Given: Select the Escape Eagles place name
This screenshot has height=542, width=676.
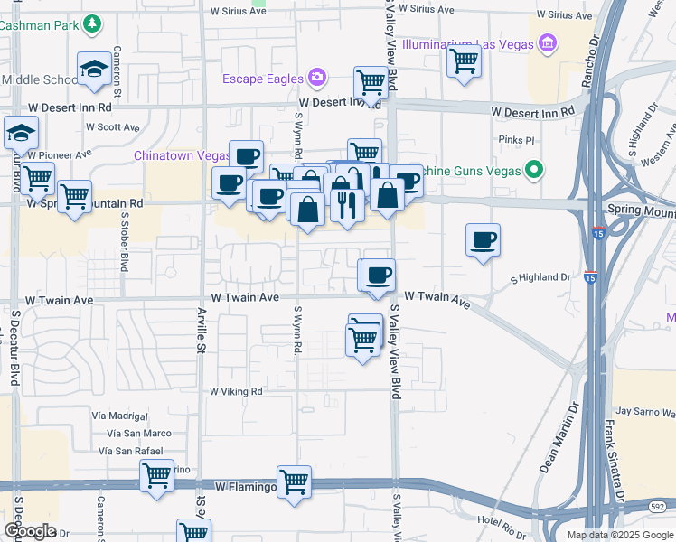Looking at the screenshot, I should click(x=263, y=79).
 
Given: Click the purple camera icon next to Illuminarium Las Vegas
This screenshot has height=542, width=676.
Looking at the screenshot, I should click(x=546, y=42).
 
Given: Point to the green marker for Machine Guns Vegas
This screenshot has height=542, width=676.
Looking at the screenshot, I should click(x=534, y=169).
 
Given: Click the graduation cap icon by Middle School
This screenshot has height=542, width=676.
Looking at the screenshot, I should click(x=93, y=70).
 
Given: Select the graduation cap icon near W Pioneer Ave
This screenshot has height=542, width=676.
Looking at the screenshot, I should click(x=21, y=134).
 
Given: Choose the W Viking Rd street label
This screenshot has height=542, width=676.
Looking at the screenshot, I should click(x=236, y=392).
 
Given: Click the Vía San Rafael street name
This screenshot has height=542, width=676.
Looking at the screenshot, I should click(x=131, y=451).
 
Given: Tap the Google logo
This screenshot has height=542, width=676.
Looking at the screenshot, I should click(x=30, y=531).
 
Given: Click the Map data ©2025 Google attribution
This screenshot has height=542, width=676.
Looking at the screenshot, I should click(x=620, y=535).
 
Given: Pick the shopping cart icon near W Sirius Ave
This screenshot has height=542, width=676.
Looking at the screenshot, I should click(x=464, y=63).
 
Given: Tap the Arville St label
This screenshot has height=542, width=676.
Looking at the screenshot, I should click(x=202, y=327).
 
